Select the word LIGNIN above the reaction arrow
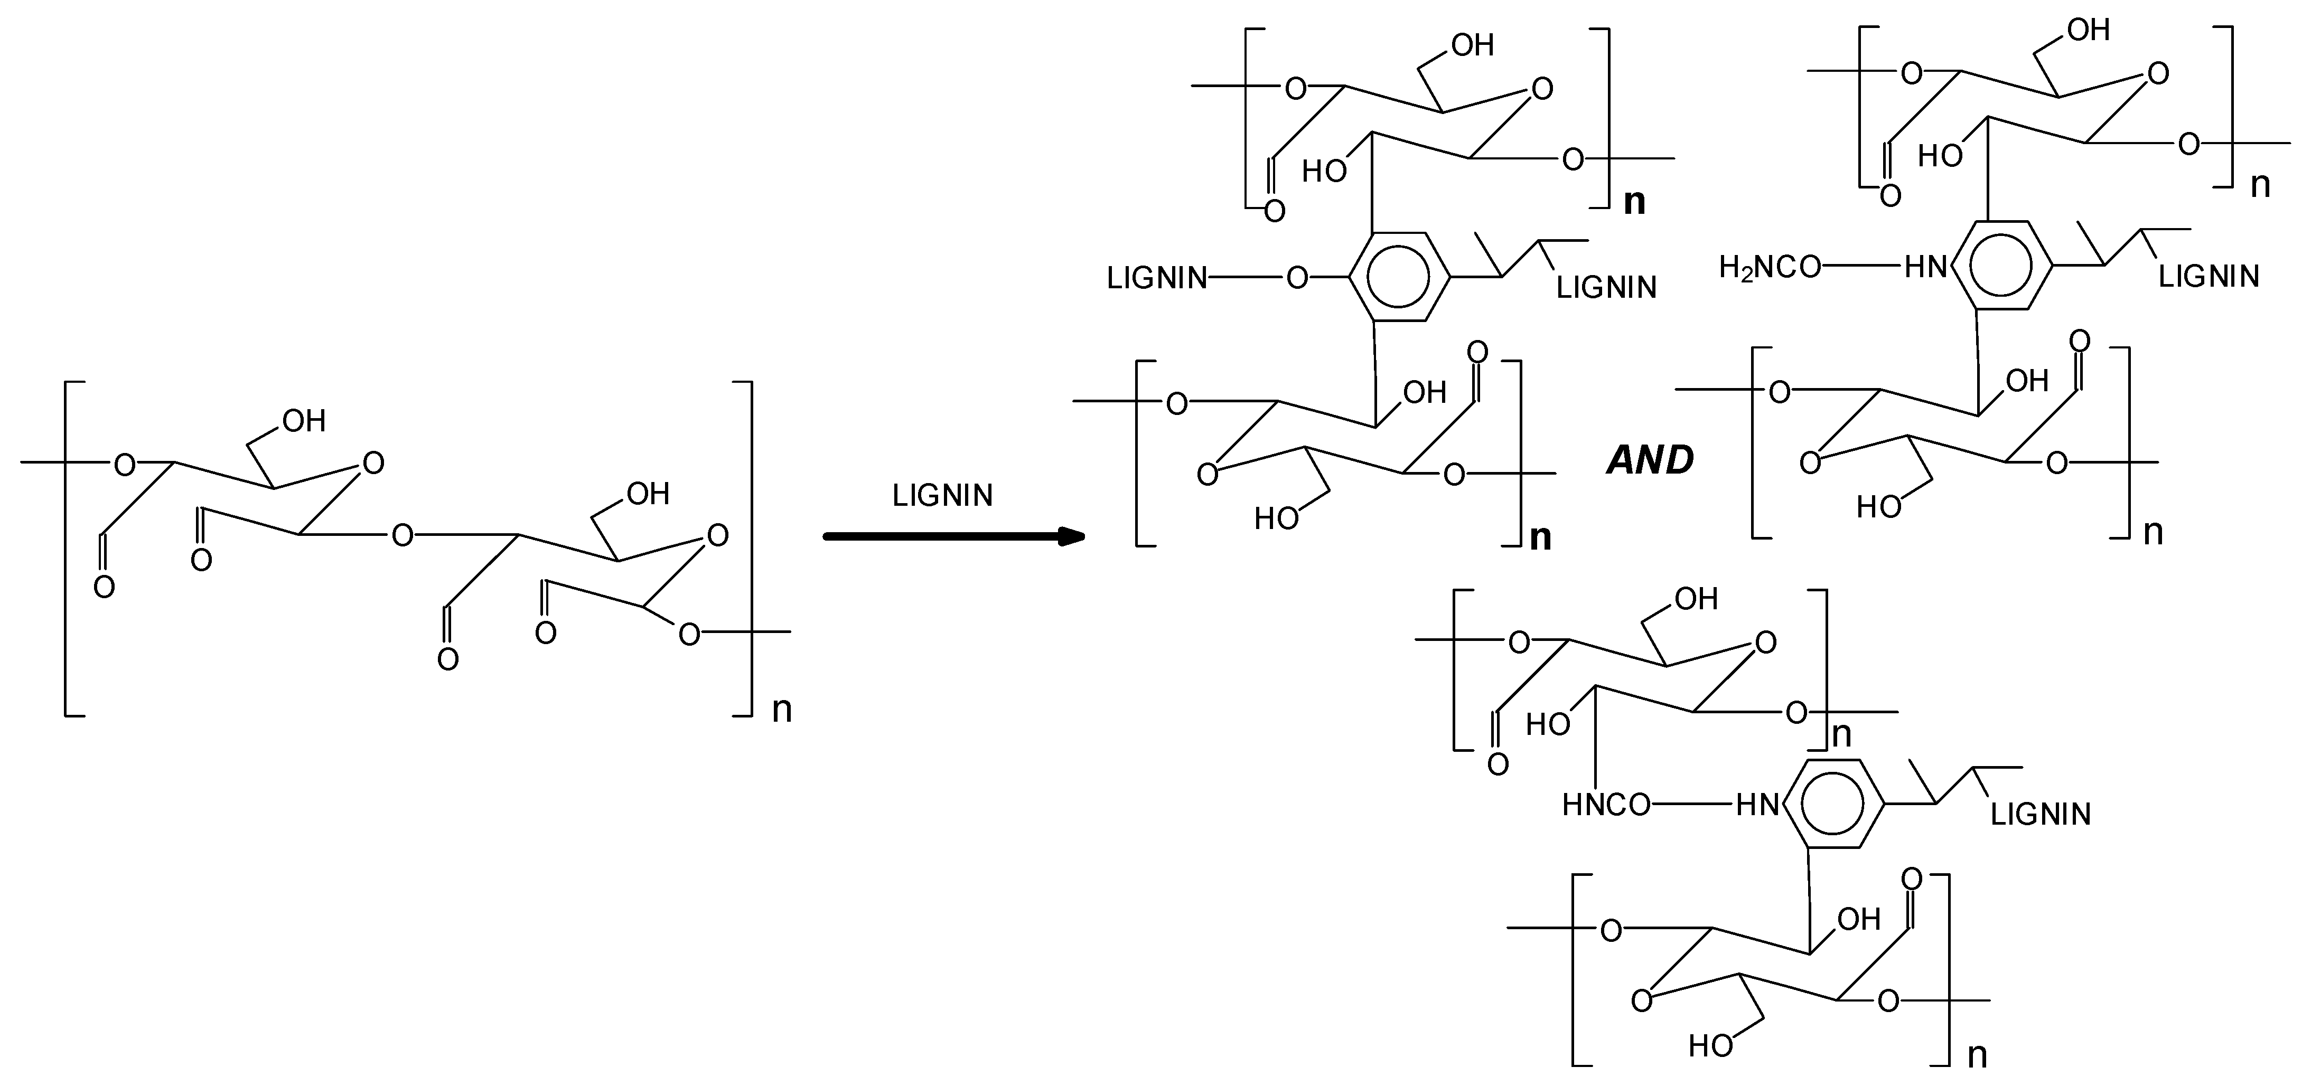point(943,496)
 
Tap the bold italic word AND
point(1650,460)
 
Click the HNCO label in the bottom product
point(1606,806)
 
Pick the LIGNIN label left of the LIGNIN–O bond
point(1156,279)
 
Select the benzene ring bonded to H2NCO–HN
point(2002,265)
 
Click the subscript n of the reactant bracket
point(782,710)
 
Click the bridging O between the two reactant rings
point(403,536)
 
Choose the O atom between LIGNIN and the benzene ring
point(1297,279)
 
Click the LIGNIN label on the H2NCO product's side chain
point(2209,276)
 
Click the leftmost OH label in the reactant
point(304,421)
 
